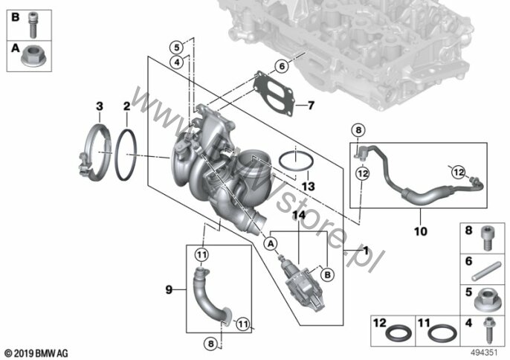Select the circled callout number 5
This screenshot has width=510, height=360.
tap(177, 48)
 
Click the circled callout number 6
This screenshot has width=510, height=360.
tap(282, 66)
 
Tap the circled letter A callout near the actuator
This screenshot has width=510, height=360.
tap(271, 243)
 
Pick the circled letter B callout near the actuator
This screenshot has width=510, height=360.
tap(328, 274)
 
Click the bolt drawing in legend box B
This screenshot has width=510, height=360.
tap(33, 25)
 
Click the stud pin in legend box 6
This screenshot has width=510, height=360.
tap(486, 271)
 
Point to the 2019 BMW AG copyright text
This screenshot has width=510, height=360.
tap(36, 353)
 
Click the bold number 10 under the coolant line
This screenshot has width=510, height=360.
tap(420, 231)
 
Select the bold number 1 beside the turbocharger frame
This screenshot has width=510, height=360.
tap(366, 251)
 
